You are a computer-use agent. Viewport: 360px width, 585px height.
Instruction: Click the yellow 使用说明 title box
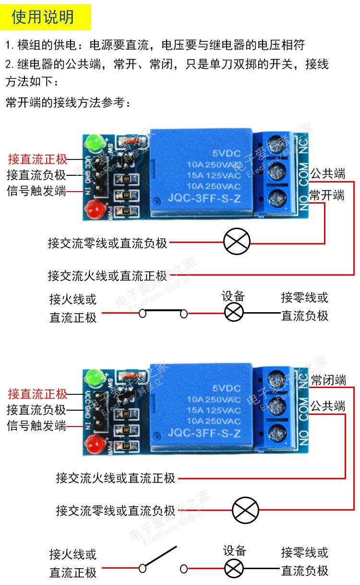(x=46, y=17)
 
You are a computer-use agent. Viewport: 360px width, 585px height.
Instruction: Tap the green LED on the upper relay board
(x=93, y=142)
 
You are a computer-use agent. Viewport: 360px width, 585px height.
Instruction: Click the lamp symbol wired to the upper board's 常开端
(x=237, y=242)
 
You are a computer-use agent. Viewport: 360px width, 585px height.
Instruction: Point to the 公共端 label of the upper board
(x=328, y=173)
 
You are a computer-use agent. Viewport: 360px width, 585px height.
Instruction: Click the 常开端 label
(x=327, y=195)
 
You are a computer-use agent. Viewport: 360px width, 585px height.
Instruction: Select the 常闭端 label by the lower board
(x=328, y=380)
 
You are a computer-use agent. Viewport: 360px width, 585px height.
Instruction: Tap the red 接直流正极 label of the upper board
(x=37, y=159)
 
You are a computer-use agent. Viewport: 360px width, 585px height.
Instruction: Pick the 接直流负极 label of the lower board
(x=36, y=410)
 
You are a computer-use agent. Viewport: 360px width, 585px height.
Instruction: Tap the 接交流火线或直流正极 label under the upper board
(x=108, y=276)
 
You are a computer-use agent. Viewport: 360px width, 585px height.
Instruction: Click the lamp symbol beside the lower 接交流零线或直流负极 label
(x=245, y=510)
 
